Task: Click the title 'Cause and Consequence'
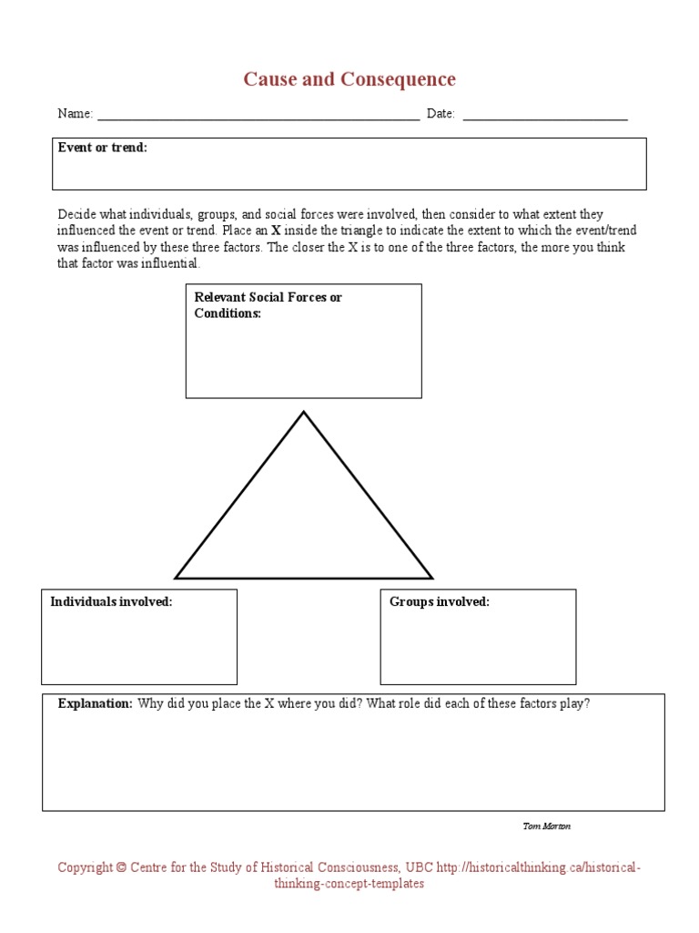349,79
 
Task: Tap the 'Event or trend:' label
102,148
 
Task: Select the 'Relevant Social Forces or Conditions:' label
268,305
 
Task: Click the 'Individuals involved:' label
111,602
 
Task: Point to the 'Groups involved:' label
439,602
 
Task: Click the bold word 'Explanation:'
95,704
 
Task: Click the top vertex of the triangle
303,413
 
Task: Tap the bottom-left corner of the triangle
177,577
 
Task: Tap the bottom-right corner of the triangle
431,577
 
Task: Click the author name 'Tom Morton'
546,826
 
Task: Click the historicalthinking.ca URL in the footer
538,867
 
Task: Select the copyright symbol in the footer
121,867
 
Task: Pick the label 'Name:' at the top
75,114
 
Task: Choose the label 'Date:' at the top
441,114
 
